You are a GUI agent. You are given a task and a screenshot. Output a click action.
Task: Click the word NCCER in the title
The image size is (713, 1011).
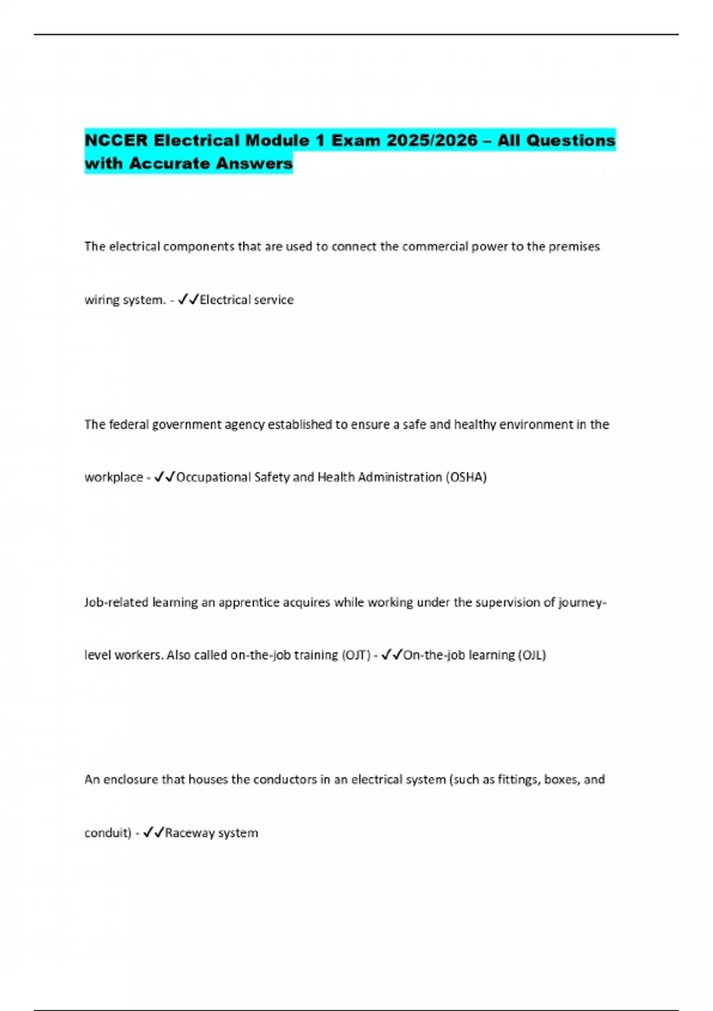click(x=116, y=140)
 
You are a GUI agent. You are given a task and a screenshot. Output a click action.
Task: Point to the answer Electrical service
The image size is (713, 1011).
click(x=247, y=300)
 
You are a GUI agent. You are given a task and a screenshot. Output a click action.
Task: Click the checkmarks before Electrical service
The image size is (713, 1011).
click(x=188, y=299)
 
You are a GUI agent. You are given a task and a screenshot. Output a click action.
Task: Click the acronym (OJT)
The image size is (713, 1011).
click(x=356, y=655)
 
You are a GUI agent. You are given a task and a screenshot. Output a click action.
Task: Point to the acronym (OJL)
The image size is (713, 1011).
click(x=532, y=655)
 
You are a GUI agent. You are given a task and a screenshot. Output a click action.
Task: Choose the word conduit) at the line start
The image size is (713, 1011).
click(x=108, y=833)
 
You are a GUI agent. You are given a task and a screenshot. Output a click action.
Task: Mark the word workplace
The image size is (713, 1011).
click(x=113, y=477)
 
